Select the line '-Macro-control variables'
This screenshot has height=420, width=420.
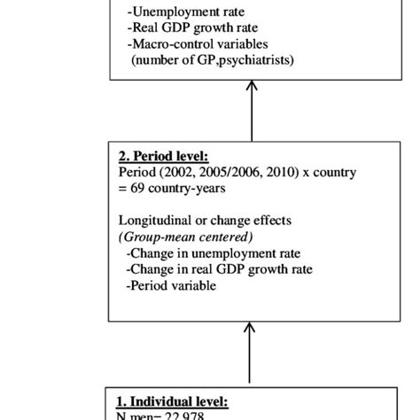click(198, 43)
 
